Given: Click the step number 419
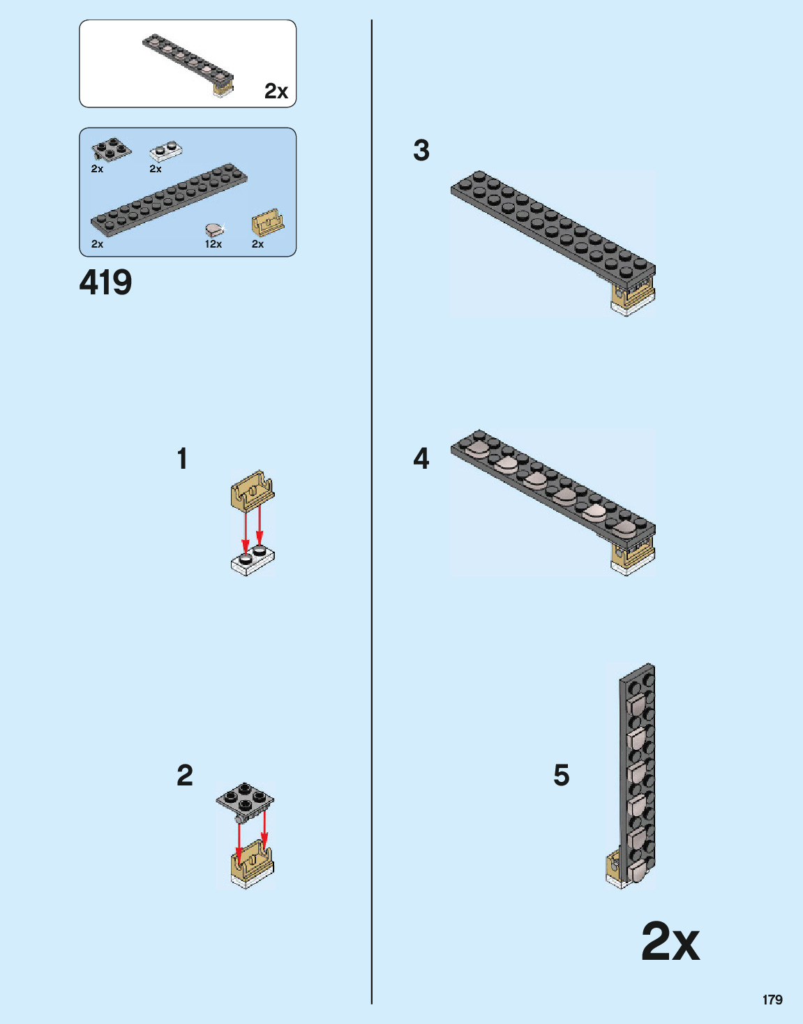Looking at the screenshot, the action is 105,283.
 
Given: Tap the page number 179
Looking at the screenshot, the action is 772,1000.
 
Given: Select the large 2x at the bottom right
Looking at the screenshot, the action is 670,942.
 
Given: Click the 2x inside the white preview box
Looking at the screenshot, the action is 276,91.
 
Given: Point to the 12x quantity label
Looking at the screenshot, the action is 213,244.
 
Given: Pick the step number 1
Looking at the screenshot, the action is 182,459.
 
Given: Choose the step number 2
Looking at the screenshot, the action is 185,776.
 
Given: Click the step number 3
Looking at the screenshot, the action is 421,151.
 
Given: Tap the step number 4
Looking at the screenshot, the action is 421,459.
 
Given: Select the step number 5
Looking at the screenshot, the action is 562,776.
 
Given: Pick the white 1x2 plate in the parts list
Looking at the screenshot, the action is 166,151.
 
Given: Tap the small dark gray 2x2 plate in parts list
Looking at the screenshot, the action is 111,149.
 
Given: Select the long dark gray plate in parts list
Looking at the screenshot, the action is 170,200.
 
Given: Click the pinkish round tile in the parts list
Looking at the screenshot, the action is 214,229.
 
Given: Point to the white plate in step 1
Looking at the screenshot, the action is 253,561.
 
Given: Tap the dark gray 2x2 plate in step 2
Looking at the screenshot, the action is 245,799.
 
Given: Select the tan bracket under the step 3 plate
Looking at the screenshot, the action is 632,296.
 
